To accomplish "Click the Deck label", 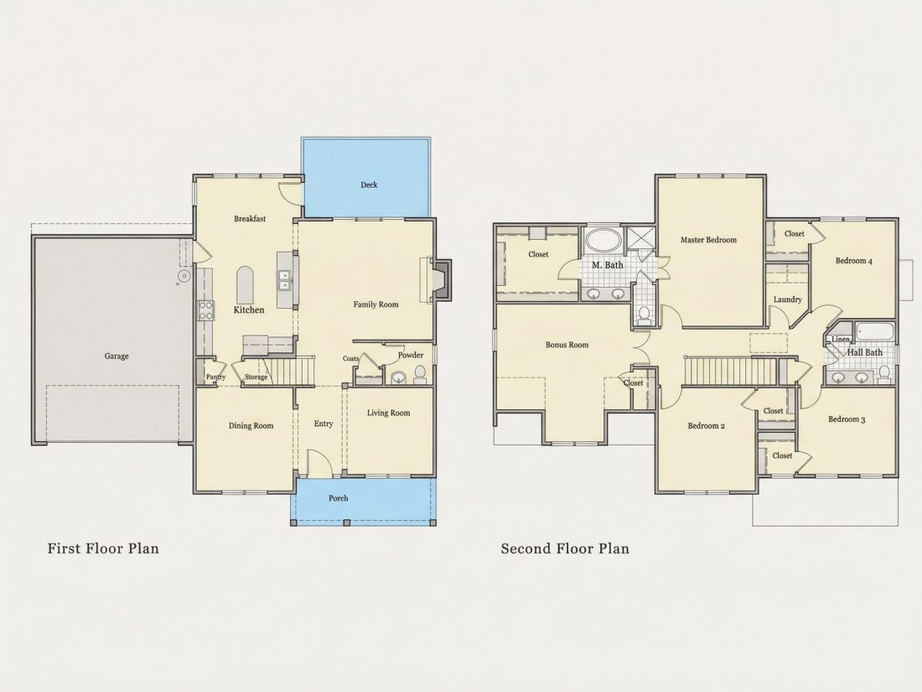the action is coord(369,185).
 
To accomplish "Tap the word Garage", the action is coord(117,356).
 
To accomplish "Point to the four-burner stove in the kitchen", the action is coord(205,309).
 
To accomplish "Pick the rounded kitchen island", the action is coord(245,285).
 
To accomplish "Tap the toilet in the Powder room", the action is coord(420,375).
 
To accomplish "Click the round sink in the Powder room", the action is coord(398,377).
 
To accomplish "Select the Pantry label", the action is coord(215,377).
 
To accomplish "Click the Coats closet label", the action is coord(351,358).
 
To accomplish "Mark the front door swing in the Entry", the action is coord(319,463).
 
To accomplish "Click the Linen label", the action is coord(840,340).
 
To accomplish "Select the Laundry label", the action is coord(787,299).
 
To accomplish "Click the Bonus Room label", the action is coord(567,345).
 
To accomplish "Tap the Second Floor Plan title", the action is coord(565,549).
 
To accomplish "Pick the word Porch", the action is coord(338,497).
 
